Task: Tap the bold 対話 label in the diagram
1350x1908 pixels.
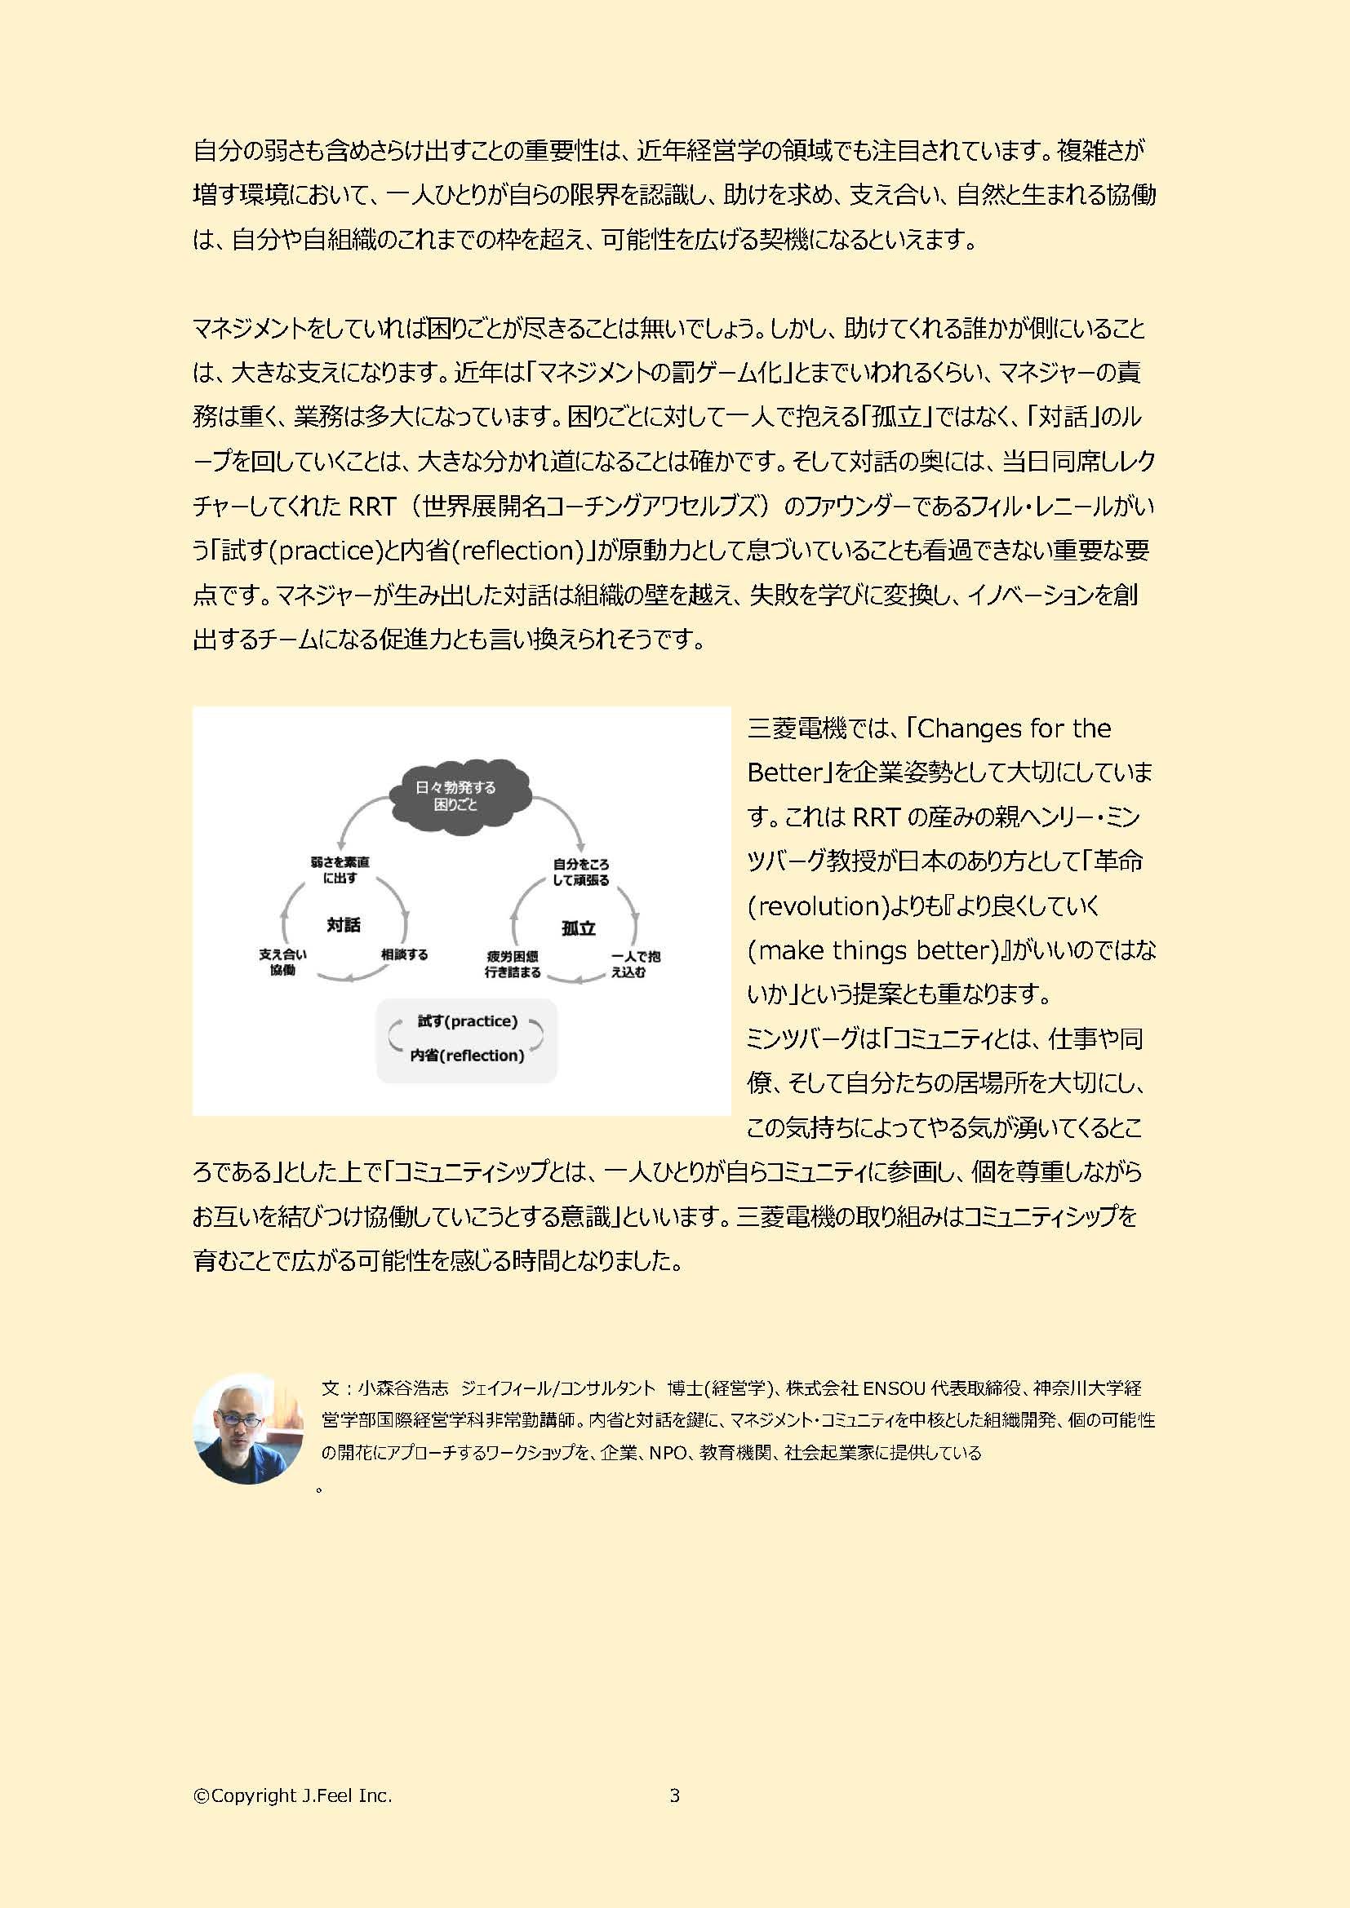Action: click(344, 925)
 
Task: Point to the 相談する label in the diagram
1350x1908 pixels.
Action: click(404, 955)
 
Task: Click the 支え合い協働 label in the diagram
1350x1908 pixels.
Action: click(282, 963)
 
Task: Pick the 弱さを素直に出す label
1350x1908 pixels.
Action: click(340, 870)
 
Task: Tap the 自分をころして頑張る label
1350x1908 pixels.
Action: click(581, 872)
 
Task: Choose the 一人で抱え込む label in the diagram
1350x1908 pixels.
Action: click(635, 964)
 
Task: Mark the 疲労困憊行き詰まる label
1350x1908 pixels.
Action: click(513, 964)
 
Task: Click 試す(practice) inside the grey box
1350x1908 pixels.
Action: click(467, 1021)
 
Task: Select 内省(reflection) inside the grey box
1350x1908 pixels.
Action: click(467, 1056)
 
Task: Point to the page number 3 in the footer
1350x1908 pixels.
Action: click(674, 1795)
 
